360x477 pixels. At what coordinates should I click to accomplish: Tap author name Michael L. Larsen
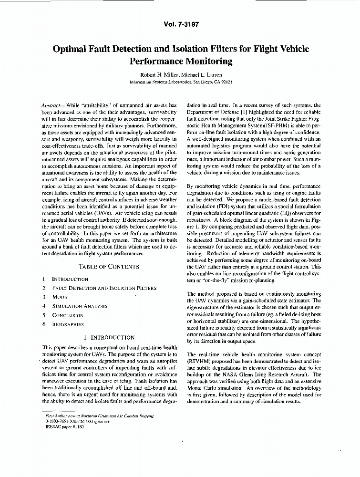[x=201, y=74]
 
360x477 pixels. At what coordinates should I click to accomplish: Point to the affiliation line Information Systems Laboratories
[x=161, y=82]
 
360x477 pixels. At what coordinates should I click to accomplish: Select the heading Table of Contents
[x=109, y=267]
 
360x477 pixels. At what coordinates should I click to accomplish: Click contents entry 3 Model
[x=61, y=297]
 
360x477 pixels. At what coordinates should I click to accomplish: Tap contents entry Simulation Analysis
[x=79, y=306]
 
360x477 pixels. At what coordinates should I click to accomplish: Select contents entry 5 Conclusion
[x=67, y=315]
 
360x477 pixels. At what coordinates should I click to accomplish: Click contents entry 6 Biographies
[x=67, y=324]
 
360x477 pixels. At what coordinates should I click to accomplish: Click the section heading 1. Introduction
[x=109, y=337]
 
